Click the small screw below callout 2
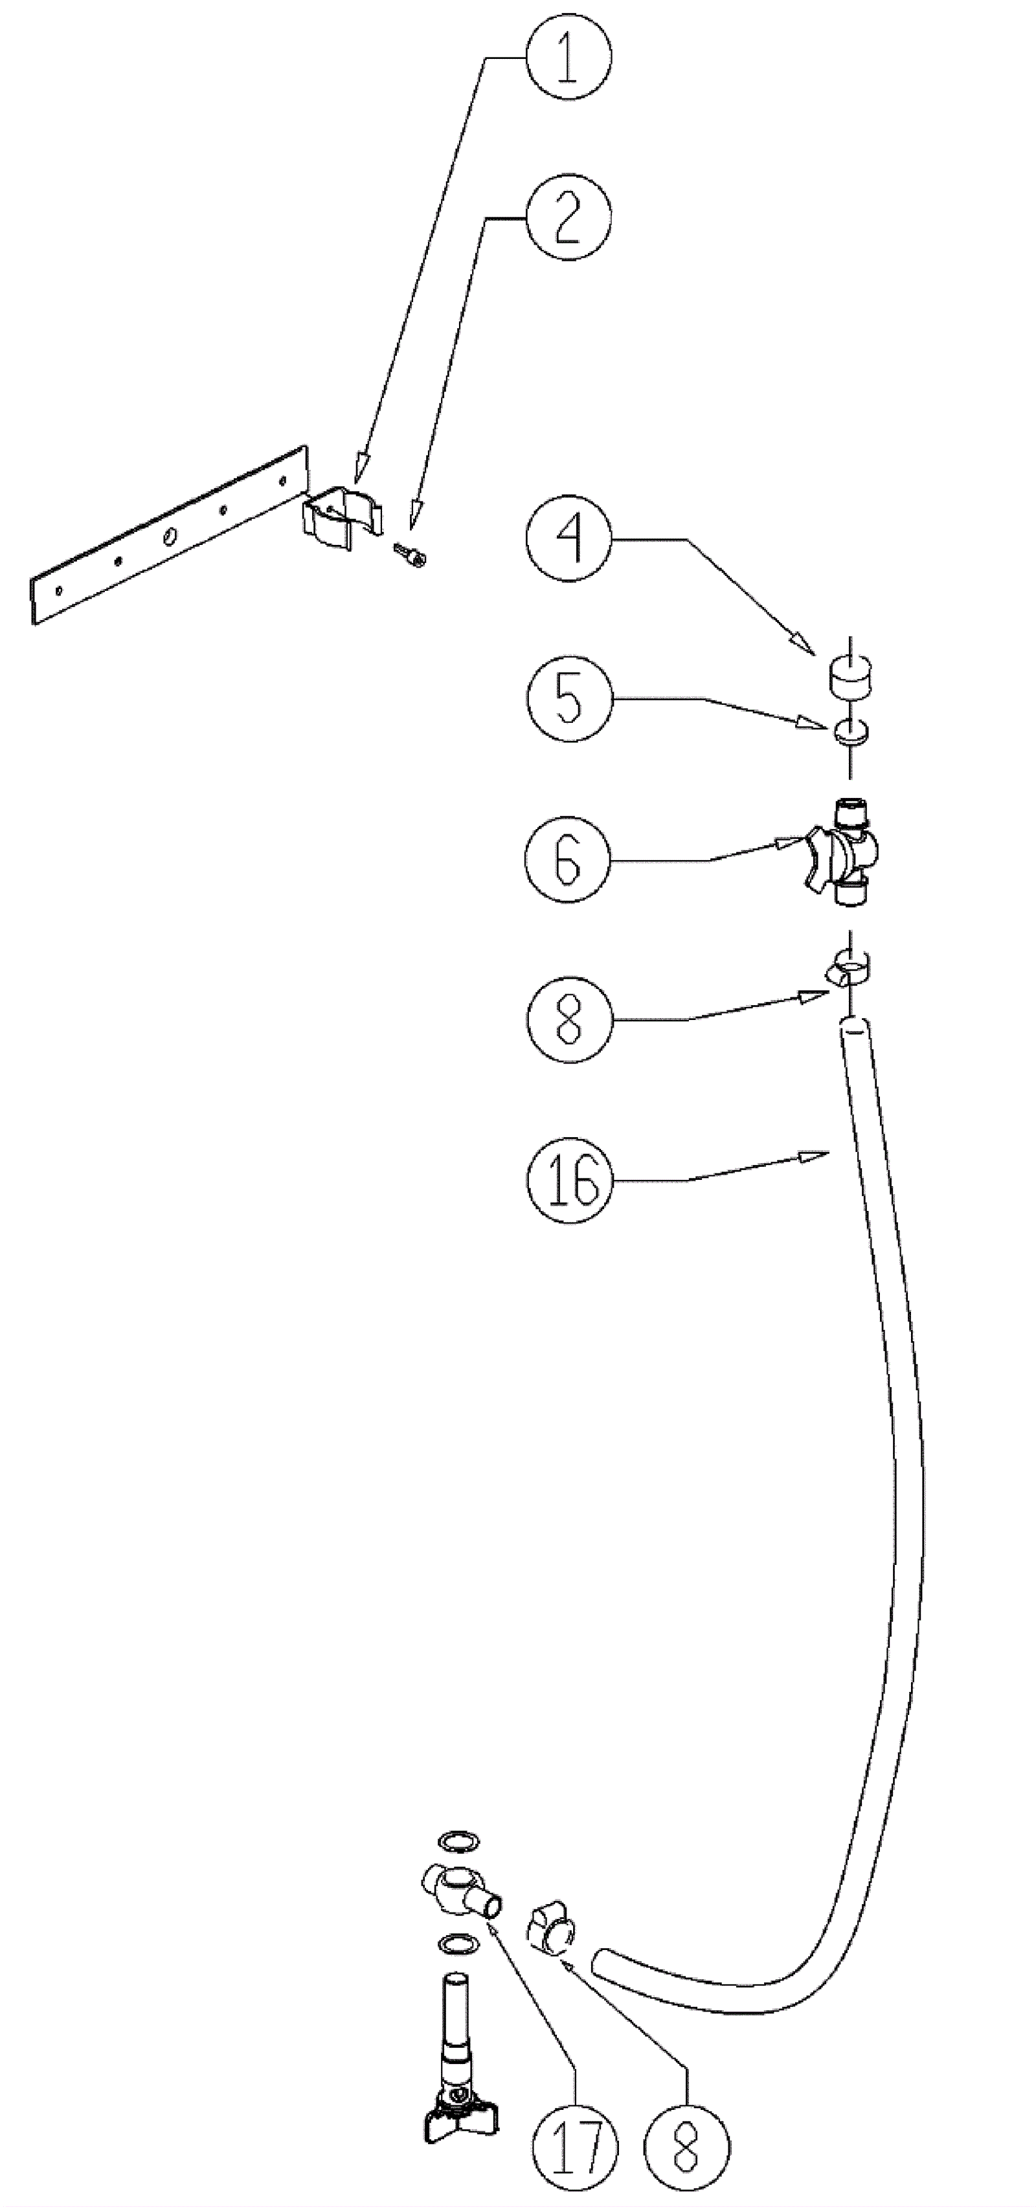click(411, 555)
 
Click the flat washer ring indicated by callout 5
click(849, 731)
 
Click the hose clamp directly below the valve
click(849, 966)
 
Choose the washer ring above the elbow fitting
click(458, 1840)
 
